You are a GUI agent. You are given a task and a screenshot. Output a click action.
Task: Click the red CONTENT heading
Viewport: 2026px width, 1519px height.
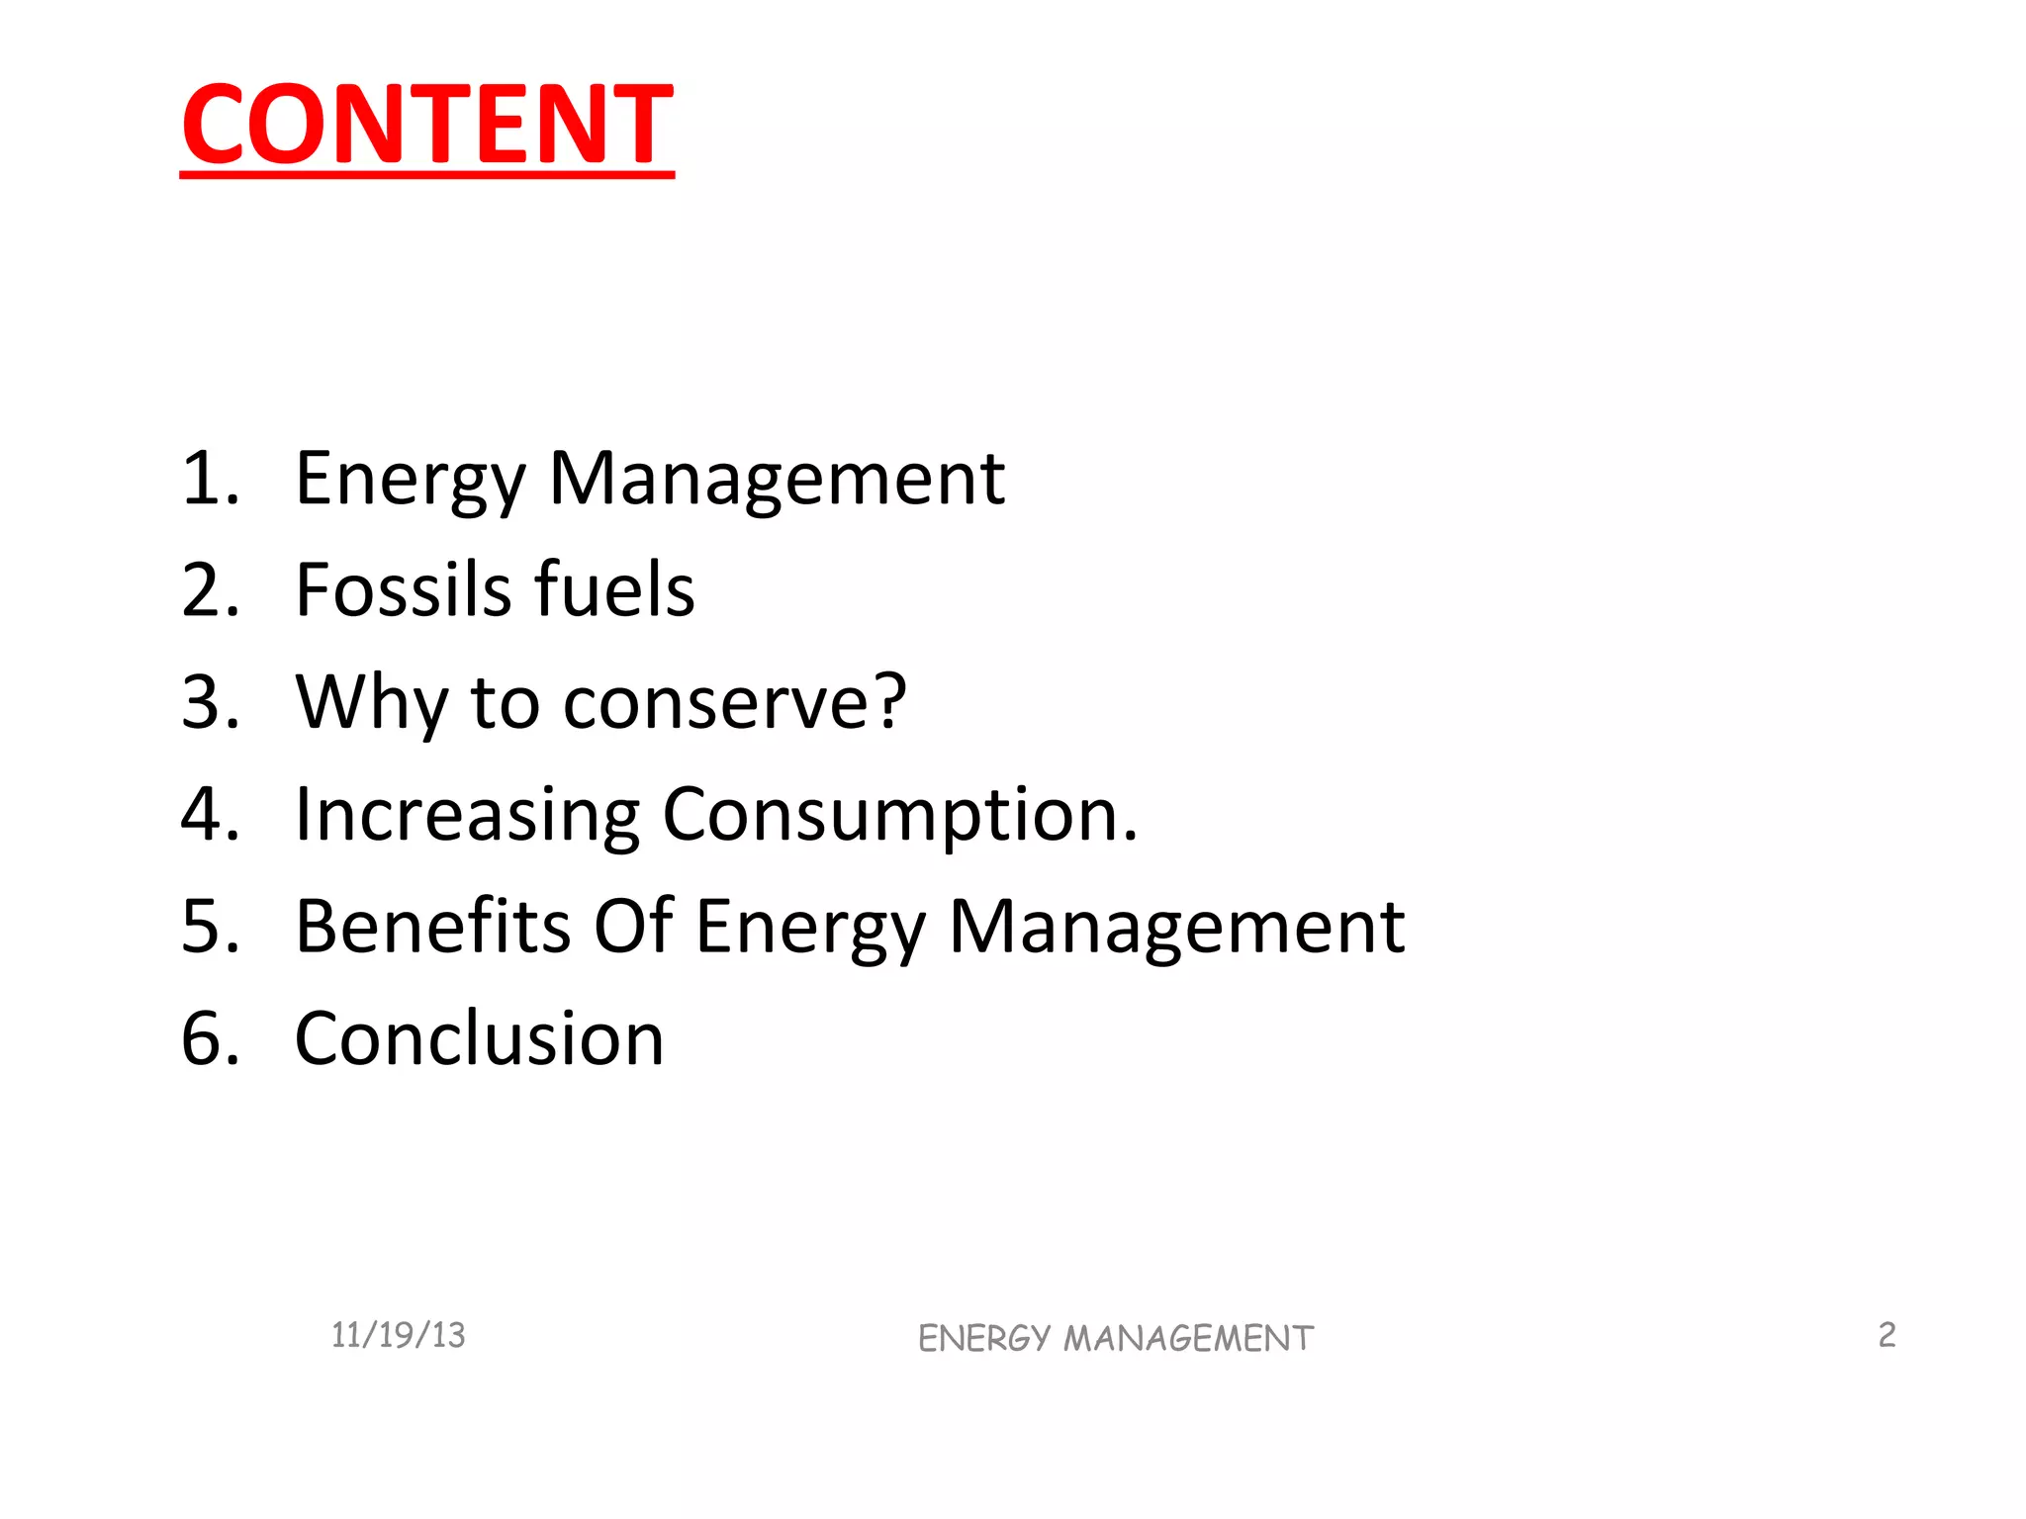[x=427, y=125]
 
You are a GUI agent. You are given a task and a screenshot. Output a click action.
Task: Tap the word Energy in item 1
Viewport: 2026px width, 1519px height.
[x=411, y=479]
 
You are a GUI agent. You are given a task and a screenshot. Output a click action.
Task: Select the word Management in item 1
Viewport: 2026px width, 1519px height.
[x=777, y=479]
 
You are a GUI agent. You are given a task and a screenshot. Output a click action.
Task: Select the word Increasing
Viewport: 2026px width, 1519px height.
[x=468, y=815]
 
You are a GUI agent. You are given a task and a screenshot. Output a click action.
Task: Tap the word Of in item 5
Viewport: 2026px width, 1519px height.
[x=633, y=927]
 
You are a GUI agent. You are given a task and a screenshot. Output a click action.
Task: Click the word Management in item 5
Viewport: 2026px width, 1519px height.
[x=1176, y=927]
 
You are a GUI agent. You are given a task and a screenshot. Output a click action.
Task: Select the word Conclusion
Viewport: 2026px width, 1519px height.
[x=480, y=1038]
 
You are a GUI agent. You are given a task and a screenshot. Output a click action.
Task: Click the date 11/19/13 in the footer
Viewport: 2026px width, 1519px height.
[x=398, y=1335]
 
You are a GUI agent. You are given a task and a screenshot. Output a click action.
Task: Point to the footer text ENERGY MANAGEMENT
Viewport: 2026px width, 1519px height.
[x=1115, y=1338]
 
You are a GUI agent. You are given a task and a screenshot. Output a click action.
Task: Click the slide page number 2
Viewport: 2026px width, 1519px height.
[x=1887, y=1334]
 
